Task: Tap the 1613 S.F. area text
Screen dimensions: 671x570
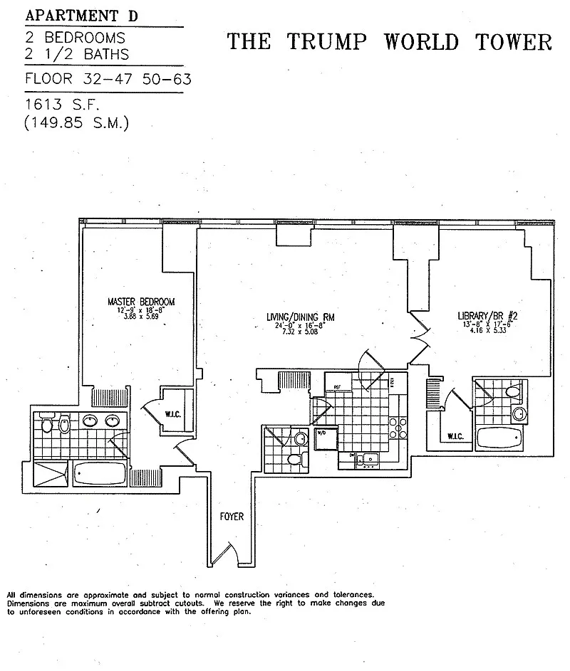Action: tap(62, 105)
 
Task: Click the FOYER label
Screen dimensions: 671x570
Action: tap(232, 517)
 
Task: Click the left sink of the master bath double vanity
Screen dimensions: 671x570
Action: tap(90, 421)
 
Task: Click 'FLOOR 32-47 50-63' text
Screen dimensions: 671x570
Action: tap(108, 79)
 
